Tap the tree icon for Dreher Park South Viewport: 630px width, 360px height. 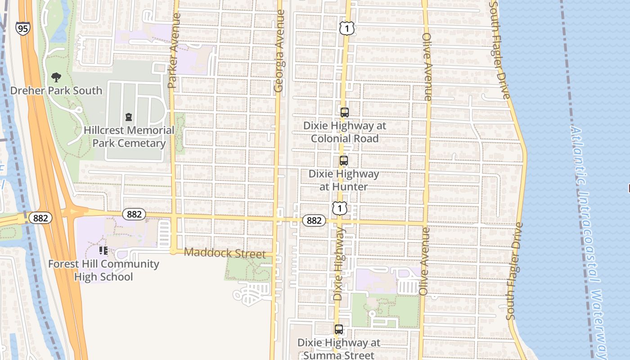click(x=56, y=77)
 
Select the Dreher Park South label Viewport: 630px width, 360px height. click(x=56, y=90)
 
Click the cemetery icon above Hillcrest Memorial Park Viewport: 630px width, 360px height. click(x=129, y=117)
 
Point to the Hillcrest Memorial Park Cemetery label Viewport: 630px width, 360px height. click(x=129, y=137)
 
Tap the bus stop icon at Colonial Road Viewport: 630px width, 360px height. click(x=345, y=112)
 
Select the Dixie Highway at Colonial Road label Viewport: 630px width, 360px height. click(x=345, y=132)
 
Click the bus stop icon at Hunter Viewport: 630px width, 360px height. click(x=344, y=161)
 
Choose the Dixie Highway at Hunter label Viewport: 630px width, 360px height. click(x=344, y=180)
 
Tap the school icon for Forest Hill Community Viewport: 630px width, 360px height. click(x=103, y=251)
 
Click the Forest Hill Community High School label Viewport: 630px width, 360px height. click(x=103, y=270)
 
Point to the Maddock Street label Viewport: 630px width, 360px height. click(x=225, y=253)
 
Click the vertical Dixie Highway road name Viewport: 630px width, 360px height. click(x=339, y=264)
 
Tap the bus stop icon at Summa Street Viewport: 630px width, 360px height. click(x=339, y=329)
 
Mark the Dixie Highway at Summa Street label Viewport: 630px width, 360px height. click(x=339, y=349)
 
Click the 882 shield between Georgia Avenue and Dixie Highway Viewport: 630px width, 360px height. click(x=314, y=220)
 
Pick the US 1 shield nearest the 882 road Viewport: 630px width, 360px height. click(x=340, y=208)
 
